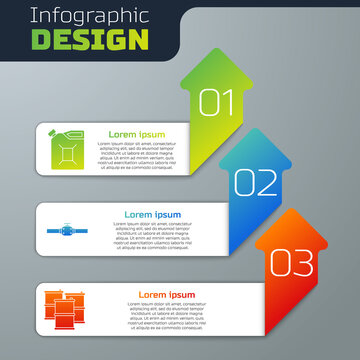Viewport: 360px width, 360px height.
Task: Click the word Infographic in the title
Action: (x=84, y=17)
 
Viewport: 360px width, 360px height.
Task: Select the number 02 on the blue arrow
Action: (x=256, y=182)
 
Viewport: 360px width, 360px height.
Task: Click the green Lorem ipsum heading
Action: (x=137, y=133)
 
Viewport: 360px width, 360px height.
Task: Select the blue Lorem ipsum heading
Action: (x=154, y=214)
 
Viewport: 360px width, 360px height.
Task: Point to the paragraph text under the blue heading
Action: (x=154, y=237)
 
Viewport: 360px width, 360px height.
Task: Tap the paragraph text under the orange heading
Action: (x=166, y=317)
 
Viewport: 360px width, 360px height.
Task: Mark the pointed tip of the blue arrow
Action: (x=256, y=130)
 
